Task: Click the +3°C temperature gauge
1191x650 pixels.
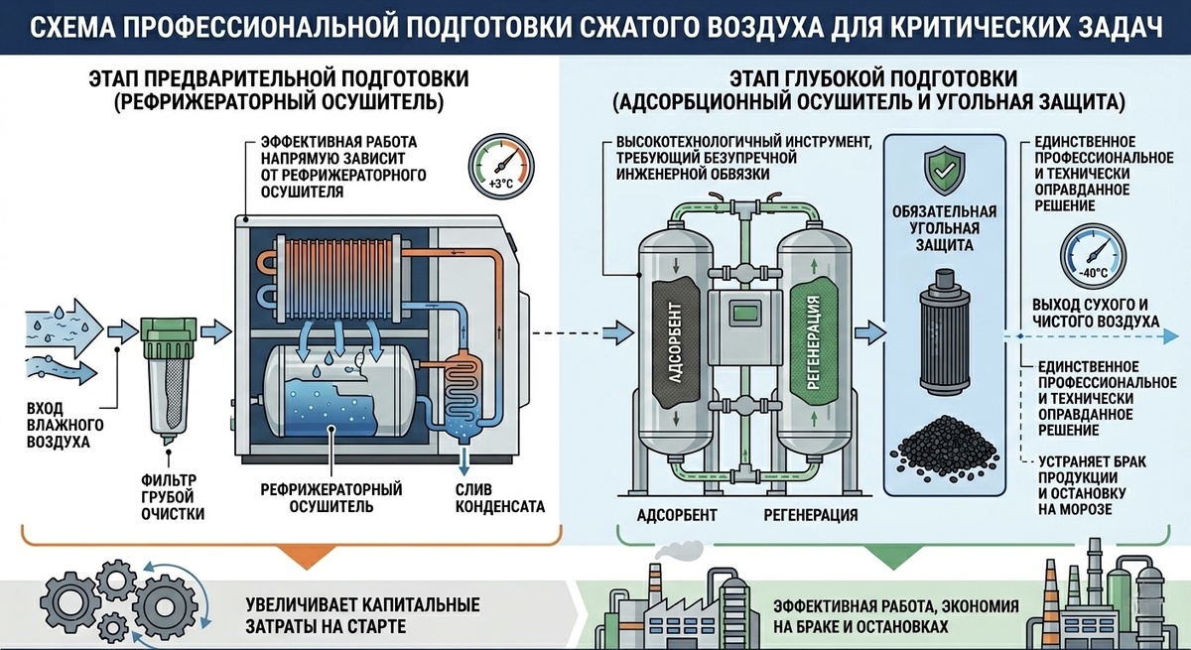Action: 501,166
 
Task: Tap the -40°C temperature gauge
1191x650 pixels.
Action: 1093,256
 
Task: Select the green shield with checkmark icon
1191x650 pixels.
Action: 944,170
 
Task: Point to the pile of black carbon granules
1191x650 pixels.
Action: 945,444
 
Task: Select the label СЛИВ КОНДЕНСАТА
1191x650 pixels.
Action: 500,497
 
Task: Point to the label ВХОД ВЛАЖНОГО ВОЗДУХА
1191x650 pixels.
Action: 65,425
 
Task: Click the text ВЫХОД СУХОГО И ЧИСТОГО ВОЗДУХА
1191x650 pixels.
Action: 1096,313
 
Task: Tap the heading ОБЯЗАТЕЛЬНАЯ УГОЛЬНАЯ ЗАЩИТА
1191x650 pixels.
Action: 944,228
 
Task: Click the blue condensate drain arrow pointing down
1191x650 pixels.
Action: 464,461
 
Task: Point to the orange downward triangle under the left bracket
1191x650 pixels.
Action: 307,556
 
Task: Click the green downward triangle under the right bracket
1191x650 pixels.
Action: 893,556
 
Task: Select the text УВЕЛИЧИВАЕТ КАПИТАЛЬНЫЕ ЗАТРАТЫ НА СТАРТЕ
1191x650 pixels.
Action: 362,615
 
